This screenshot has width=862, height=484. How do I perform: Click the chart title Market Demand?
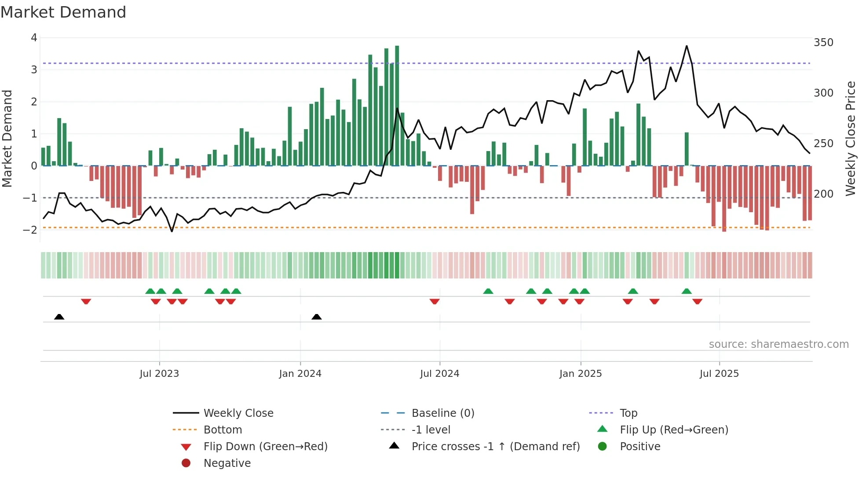click(x=63, y=12)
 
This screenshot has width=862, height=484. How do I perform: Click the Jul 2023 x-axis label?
click(x=159, y=374)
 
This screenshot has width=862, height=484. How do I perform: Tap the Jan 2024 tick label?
click(x=300, y=374)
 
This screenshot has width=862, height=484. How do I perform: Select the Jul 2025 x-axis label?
click(x=719, y=374)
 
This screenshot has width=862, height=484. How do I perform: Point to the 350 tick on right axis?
click(x=823, y=43)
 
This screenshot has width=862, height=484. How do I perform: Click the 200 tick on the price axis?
click(x=823, y=194)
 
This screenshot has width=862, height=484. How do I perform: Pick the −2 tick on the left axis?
click(x=30, y=230)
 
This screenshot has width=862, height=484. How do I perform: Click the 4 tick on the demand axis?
click(x=34, y=38)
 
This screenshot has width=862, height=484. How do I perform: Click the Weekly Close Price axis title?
click(x=851, y=138)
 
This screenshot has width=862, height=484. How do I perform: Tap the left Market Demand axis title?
click(x=7, y=138)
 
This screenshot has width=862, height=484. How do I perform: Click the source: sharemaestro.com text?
click(x=778, y=344)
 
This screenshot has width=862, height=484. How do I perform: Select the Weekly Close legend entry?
click(x=238, y=413)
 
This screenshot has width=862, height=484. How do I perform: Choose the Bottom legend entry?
click(x=223, y=430)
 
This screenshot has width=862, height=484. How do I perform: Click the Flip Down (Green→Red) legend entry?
click(x=265, y=447)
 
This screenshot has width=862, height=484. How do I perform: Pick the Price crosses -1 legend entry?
click(x=495, y=447)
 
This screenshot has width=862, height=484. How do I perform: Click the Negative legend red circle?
click(x=186, y=463)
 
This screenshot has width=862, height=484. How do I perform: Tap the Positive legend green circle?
click(x=603, y=446)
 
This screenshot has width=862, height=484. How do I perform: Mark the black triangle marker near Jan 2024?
click(x=317, y=317)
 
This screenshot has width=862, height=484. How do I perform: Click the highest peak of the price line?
click(x=687, y=46)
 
